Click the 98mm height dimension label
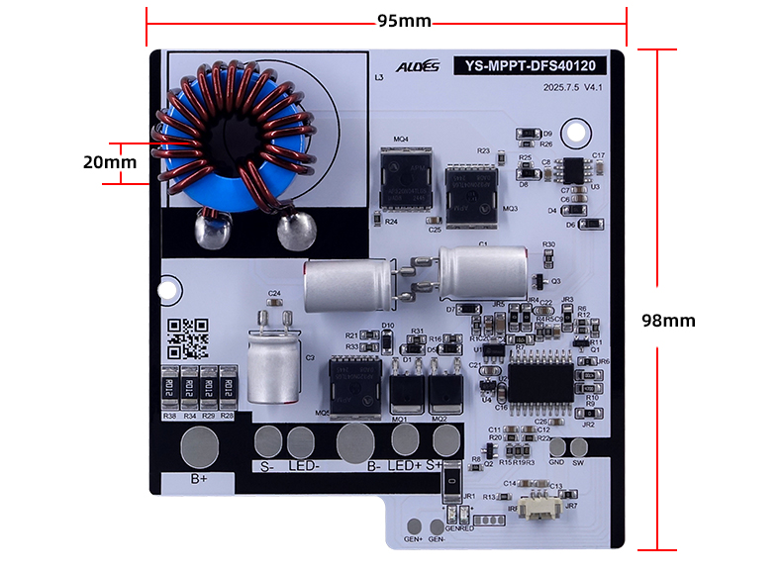[x=668, y=321]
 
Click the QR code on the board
[x=187, y=338]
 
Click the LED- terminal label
[x=305, y=466]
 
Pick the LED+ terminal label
[x=404, y=466]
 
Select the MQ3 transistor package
[x=469, y=190]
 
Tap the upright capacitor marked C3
[x=272, y=365]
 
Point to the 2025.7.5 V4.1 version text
[x=572, y=88]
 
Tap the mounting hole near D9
[x=573, y=132]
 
